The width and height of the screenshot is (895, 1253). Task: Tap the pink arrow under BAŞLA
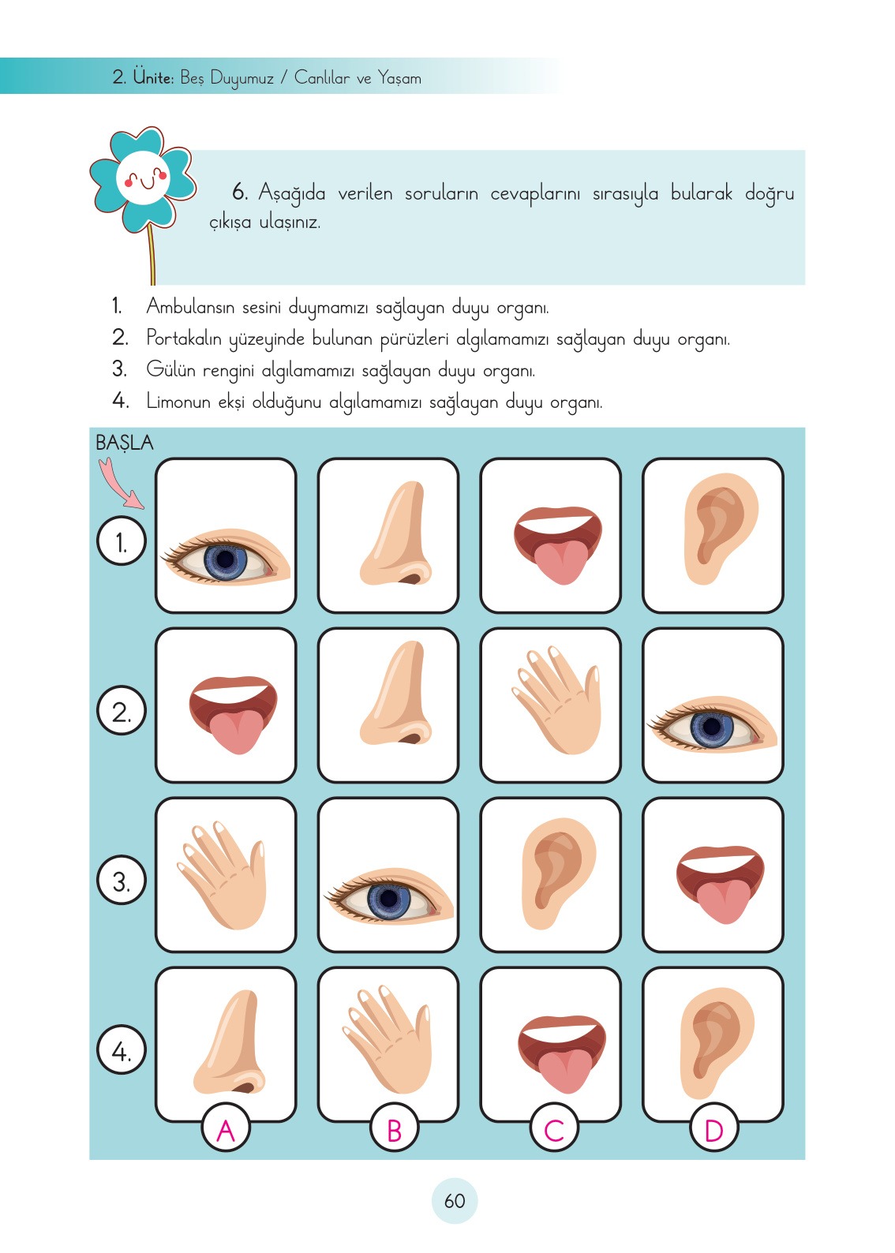(119, 484)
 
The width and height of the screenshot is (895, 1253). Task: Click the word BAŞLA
(124, 443)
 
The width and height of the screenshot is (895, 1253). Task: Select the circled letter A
(226, 1129)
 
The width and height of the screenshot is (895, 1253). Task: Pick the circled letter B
(394, 1129)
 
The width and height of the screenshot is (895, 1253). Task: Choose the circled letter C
(554, 1129)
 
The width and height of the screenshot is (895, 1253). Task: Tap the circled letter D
(713, 1129)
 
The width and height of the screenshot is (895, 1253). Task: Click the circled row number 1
(122, 541)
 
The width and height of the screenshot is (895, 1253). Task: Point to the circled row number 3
(122, 881)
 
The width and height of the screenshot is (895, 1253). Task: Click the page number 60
(455, 1201)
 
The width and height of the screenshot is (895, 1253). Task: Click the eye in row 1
(227, 557)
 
